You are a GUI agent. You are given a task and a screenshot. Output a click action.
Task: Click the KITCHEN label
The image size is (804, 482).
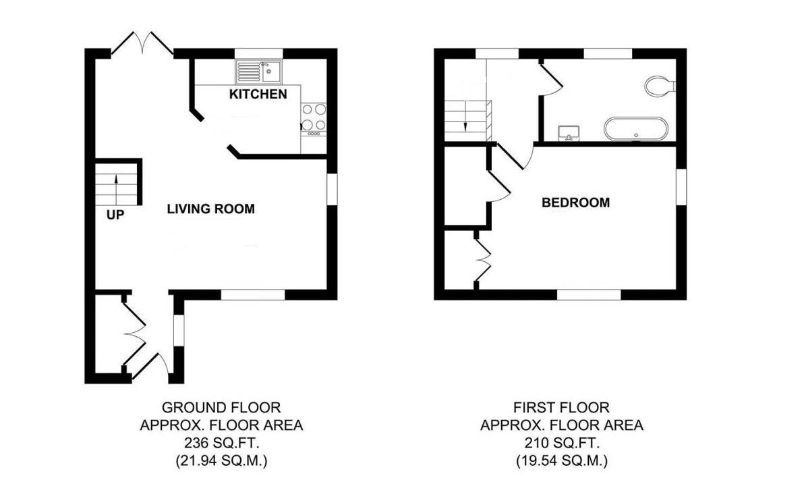coord(258,94)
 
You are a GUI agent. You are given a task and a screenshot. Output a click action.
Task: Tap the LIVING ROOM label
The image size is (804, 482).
coord(211,209)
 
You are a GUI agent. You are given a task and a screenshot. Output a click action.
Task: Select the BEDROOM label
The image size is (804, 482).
coord(576,203)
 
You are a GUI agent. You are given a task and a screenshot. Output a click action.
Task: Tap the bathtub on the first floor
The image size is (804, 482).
coord(635,129)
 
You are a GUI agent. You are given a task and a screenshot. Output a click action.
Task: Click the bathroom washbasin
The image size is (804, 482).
coord(570,133)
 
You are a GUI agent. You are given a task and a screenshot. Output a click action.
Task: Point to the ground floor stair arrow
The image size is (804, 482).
coord(116,187)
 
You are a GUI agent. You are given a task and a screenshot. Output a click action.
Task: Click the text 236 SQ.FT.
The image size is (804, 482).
coord(221,444)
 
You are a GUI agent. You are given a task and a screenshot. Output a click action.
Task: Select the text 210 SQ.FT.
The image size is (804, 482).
coord(561,444)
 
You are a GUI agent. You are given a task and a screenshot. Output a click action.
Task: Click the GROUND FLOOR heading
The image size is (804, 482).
coord(221,408)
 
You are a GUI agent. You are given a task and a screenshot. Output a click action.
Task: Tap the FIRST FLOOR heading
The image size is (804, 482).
coord(561,408)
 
